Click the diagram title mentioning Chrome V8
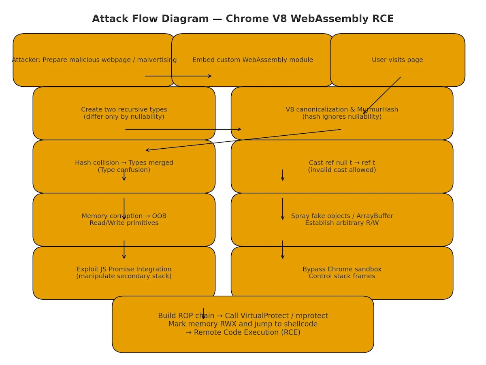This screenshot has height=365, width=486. (243, 19)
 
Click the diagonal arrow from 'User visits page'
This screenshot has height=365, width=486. (382, 96)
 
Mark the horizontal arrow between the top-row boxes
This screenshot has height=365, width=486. (178, 76)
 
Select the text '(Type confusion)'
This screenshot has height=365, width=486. (124, 170)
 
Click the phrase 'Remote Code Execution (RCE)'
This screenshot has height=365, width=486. (247, 333)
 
